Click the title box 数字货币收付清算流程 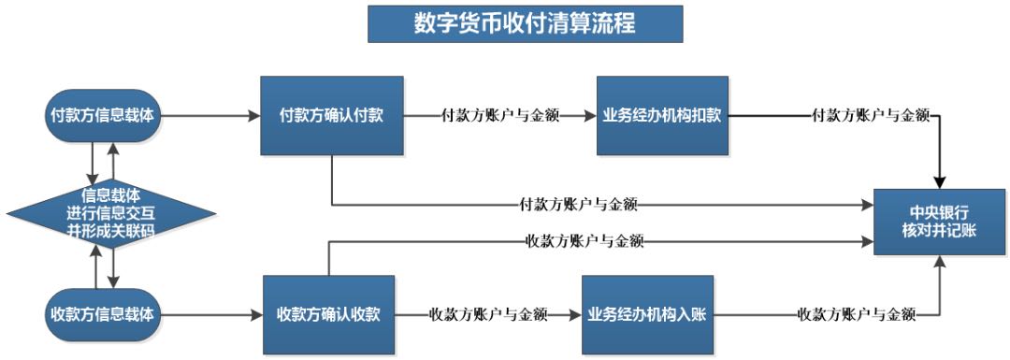(x=525, y=24)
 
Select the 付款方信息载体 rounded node (x=103, y=116)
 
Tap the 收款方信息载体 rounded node (x=103, y=312)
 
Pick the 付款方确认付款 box (x=332, y=116)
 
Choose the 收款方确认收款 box (x=328, y=313)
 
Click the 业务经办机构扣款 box (x=661, y=116)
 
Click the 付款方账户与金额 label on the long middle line (x=579, y=203)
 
